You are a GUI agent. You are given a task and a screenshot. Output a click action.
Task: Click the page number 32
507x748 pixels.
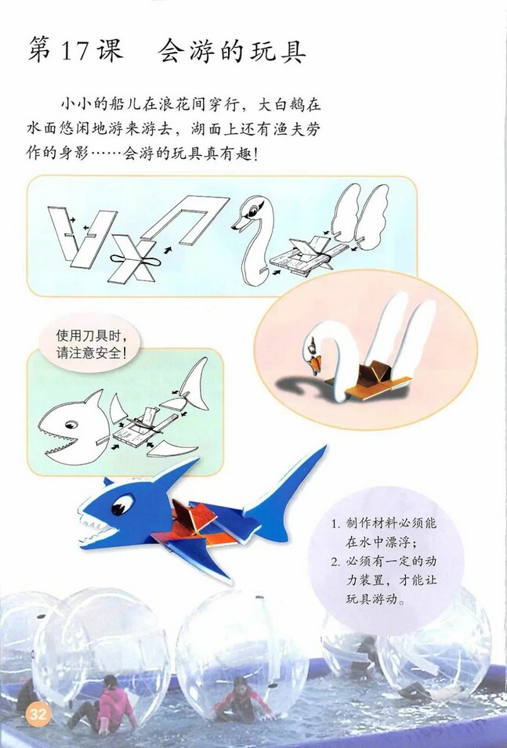tap(38, 714)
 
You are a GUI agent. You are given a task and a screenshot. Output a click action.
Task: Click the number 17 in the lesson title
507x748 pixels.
tap(77, 51)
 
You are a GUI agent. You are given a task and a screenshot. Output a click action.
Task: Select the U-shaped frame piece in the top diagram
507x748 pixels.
tap(188, 216)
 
